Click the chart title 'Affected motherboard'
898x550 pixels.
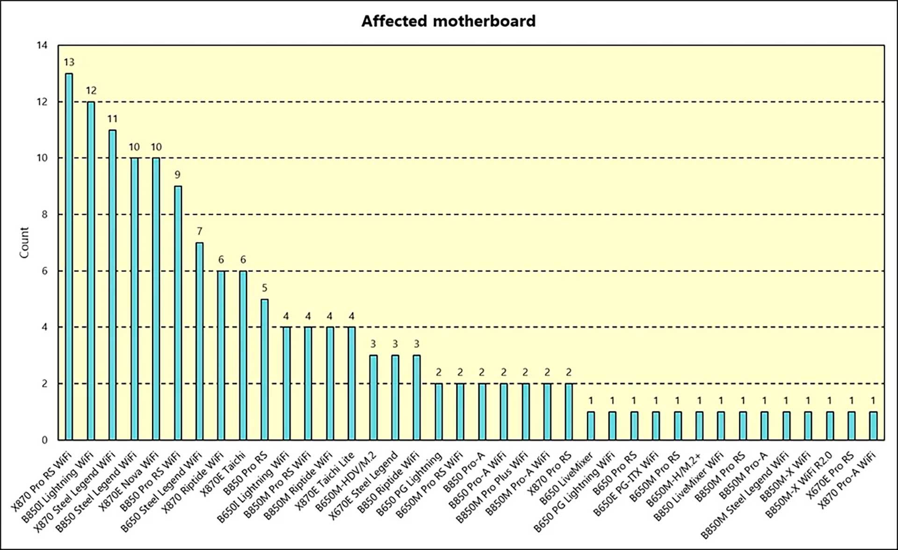[448, 21]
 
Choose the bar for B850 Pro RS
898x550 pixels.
[264, 369]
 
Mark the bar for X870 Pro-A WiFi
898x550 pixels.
[873, 425]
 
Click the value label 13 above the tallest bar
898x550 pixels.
[69, 62]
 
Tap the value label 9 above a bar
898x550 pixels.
[178, 175]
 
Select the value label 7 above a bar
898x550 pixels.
[199, 231]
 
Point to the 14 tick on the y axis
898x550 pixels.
[42, 45]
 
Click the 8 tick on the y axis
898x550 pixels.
[44, 214]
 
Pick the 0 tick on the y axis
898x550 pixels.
[44, 440]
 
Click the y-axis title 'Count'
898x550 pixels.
[24, 242]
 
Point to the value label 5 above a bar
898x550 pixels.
[264, 288]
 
